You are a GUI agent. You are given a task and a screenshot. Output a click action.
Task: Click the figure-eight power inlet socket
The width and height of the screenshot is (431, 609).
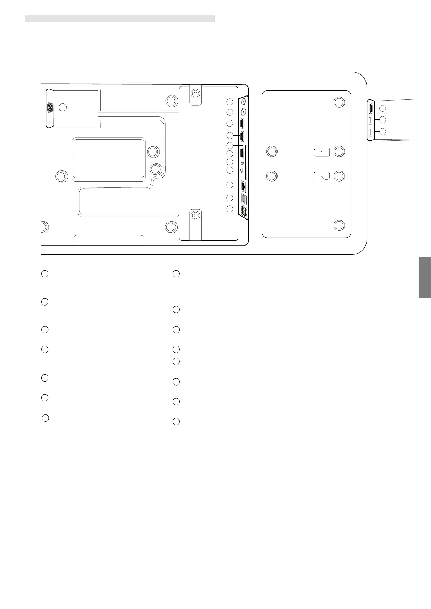tap(50, 107)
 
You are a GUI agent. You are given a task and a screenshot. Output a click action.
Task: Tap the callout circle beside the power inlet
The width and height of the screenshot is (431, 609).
tap(63, 107)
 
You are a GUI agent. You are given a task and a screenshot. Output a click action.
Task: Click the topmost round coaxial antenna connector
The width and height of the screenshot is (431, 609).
tap(244, 102)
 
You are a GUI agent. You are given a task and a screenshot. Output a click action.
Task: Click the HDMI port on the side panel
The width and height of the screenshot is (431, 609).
tap(371, 108)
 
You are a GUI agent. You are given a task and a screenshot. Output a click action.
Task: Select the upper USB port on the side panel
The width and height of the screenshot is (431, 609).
tap(370, 120)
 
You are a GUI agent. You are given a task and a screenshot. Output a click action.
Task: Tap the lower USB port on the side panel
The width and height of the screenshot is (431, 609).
tap(370, 132)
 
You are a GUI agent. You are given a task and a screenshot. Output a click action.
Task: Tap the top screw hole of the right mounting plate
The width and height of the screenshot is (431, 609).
tap(339, 102)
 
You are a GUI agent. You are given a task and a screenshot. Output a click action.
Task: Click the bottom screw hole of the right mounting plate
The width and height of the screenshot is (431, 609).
tap(339, 225)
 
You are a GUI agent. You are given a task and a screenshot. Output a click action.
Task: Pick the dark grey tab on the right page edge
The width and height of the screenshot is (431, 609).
tap(424, 277)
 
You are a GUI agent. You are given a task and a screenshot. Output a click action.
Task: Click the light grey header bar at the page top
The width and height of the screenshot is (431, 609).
tap(120, 18)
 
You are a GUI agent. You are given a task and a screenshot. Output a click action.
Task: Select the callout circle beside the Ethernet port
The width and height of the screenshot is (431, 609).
tap(230, 185)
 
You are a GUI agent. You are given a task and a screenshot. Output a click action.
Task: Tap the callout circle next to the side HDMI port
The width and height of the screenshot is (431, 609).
tap(383, 108)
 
